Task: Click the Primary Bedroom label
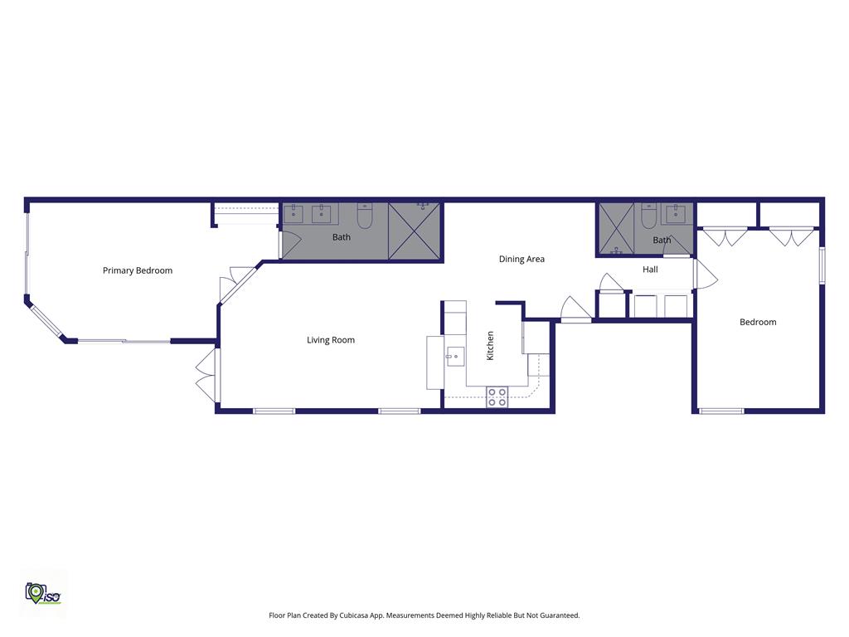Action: tap(138, 270)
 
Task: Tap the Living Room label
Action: tap(331, 340)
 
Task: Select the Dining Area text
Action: tap(522, 259)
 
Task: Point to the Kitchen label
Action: tap(490, 346)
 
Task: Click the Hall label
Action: tap(650, 270)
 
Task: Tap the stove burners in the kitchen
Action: tap(497, 396)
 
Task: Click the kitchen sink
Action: tap(455, 357)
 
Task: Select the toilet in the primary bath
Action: tap(365, 216)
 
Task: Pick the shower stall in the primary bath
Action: tap(415, 231)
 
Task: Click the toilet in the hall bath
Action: tap(648, 216)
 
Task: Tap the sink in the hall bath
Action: tap(676, 213)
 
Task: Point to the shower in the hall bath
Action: tap(616, 229)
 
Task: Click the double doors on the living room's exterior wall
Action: tap(207, 375)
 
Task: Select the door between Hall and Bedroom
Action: tap(705, 274)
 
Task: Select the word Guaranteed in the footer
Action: tap(560, 615)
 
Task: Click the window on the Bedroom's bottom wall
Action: tap(722, 411)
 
